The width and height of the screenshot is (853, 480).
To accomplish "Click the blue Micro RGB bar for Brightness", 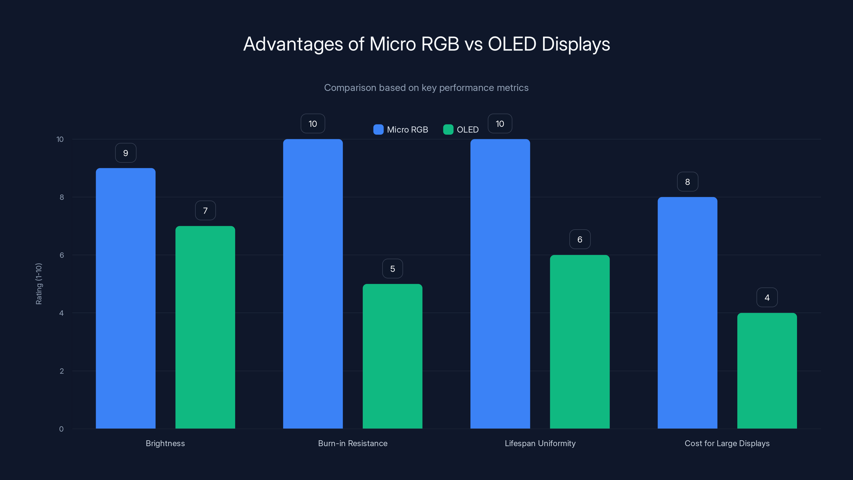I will (126, 298).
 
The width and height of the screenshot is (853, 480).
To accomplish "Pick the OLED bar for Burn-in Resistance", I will (392, 356).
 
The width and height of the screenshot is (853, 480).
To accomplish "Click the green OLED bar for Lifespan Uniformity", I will (580, 342).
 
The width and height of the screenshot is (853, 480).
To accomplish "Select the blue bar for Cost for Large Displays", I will (687, 313).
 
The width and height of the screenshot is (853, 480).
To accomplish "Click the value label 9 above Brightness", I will (126, 153).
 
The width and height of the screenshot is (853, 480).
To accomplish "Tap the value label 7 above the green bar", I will (205, 211).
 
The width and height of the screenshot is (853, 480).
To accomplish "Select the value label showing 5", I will (392, 269).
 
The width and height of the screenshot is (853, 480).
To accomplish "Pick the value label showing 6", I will (580, 239).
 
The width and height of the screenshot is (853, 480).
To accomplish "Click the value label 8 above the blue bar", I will (687, 182).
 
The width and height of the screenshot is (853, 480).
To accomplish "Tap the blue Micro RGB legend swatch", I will (378, 130).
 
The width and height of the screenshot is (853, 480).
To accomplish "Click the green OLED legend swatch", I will (448, 130).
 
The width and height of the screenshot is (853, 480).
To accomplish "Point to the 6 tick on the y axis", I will (62, 255).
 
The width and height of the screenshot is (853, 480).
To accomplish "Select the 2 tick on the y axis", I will (62, 371).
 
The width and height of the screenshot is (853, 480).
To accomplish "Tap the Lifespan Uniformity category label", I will (540, 443).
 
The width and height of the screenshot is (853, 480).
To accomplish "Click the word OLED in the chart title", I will (512, 44).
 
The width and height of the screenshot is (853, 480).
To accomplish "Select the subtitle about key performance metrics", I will (426, 88).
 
